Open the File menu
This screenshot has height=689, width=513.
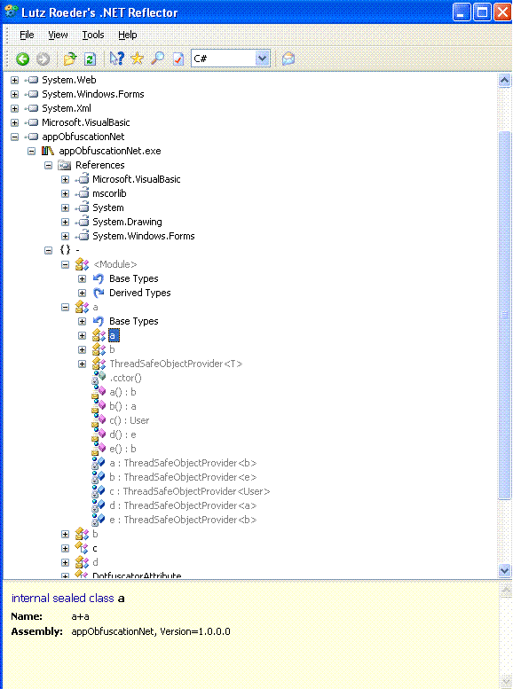point(27,35)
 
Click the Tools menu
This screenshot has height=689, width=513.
point(93,35)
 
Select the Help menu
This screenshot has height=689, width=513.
point(128,35)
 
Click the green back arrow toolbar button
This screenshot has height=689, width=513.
point(22,59)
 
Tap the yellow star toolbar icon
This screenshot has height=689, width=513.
point(138,58)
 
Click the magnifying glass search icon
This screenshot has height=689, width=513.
point(157,59)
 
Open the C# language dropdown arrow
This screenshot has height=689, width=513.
point(262,58)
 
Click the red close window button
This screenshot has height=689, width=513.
point(502,12)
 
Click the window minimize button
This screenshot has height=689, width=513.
point(462,12)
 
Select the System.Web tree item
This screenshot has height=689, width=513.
point(68,80)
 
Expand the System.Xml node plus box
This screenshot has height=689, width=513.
point(14,108)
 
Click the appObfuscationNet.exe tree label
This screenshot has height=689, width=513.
point(110,151)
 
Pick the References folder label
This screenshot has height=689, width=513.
point(100,165)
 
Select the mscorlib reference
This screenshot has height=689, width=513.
point(109,194)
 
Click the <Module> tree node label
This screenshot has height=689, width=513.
point(115,264)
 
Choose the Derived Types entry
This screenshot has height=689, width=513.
point(140,294)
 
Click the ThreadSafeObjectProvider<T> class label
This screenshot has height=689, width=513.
point(176,364)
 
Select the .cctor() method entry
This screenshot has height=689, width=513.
point(125,379)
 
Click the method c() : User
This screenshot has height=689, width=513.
point(130,421)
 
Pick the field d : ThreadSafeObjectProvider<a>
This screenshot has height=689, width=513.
point(183,505)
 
